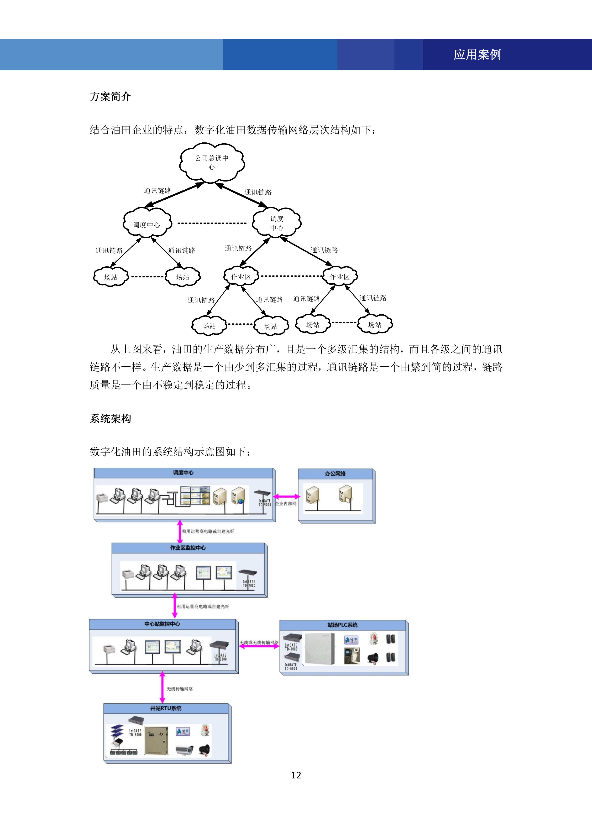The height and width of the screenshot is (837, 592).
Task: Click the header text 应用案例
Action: pos(477,55)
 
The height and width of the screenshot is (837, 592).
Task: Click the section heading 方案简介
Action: pos(110,97)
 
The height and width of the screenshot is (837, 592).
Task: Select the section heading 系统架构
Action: pos(110,418)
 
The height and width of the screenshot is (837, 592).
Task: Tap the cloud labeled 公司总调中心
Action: pos(212,162)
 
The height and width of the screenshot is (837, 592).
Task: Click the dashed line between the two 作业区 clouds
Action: pos(291,276)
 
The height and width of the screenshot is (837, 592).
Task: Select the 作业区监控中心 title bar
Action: pos(188,548)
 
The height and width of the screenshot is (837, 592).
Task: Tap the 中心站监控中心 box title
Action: pos(162,624)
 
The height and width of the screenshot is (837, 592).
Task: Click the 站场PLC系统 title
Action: pos(342,625)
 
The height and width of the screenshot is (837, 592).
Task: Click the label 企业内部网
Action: pos(286,504)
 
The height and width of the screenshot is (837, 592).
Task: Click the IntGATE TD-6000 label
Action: pos(291,666)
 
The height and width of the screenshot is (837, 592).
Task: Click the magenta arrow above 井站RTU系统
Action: pos(163,687)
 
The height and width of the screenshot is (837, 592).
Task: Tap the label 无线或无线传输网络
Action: pos(259,642)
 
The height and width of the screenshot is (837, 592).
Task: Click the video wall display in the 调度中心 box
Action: pos(195,496)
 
